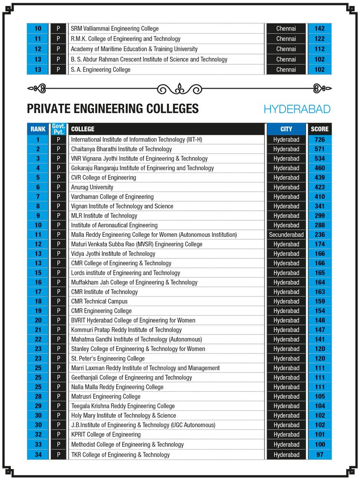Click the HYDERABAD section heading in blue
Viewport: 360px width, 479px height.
(x=297, y=109)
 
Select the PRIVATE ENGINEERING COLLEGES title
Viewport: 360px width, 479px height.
(x=113, y=109)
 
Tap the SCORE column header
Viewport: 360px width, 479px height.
(x=319, y=129)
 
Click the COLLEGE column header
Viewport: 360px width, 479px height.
(x=82, y=129)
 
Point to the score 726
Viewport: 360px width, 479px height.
(x=319, y=140)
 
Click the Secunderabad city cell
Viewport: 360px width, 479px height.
(x=286, y=235)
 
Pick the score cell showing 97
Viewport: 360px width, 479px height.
(x=319, y=455)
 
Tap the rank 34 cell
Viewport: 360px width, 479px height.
(x=38, y=455)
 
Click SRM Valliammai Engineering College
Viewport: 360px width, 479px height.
(x=115, y=28)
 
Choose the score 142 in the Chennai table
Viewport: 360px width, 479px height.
(x=319, y=28)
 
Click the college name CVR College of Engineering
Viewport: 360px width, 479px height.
(x=103, y=178)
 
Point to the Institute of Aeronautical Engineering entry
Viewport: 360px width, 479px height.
(x=114, y=226)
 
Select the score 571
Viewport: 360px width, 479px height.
(x=319, y=149)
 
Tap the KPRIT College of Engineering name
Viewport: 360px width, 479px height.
(x=106, y=434)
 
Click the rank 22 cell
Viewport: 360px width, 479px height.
(x=38, y=340)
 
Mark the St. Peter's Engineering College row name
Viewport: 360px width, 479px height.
(x=108, y=359)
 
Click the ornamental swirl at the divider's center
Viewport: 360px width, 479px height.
(x=180, y=88)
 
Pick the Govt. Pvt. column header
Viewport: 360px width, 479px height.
(x=58, y=129)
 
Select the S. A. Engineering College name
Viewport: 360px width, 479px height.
(x=100, y=70)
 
